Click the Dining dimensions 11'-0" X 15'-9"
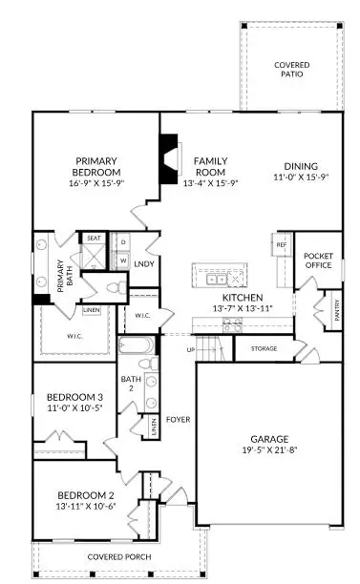(x=301, y=177)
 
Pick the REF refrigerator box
(x=282, y=244)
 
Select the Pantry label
(x=336, y=308)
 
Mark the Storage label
(x=265, y=348)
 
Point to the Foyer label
(x=177, y=418)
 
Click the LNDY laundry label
(x=144, y=263)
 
